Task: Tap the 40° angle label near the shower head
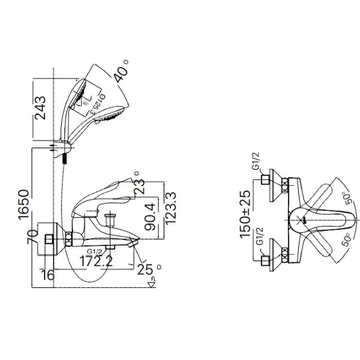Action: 121,74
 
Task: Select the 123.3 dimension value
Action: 170,208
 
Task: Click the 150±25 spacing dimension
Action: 245,214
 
